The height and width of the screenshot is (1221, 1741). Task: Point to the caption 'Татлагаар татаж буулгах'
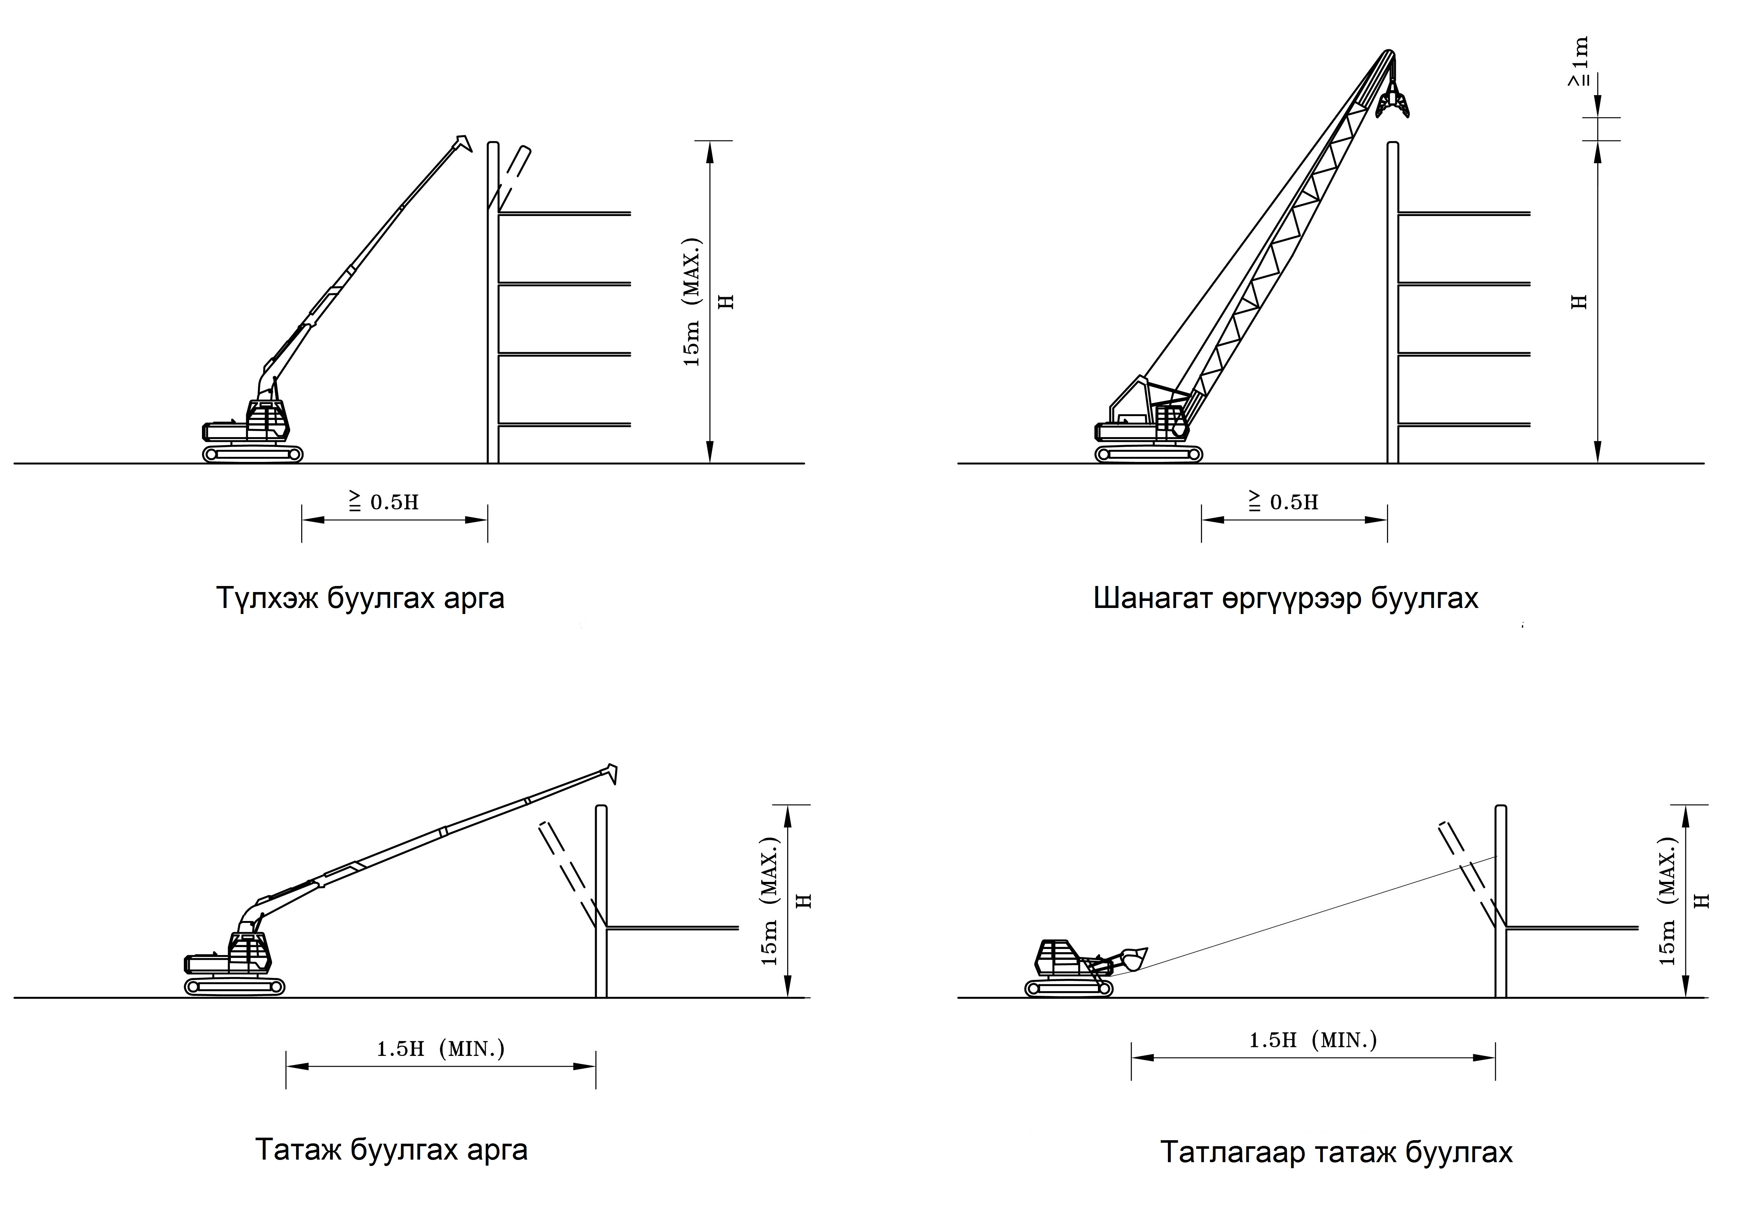1336,1152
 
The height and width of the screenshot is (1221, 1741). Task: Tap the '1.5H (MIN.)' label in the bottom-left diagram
440,1049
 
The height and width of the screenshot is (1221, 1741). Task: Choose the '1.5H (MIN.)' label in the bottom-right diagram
1313,1040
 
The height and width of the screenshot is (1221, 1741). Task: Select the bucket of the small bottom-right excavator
1133,959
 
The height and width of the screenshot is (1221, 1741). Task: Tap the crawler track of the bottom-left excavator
234,986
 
